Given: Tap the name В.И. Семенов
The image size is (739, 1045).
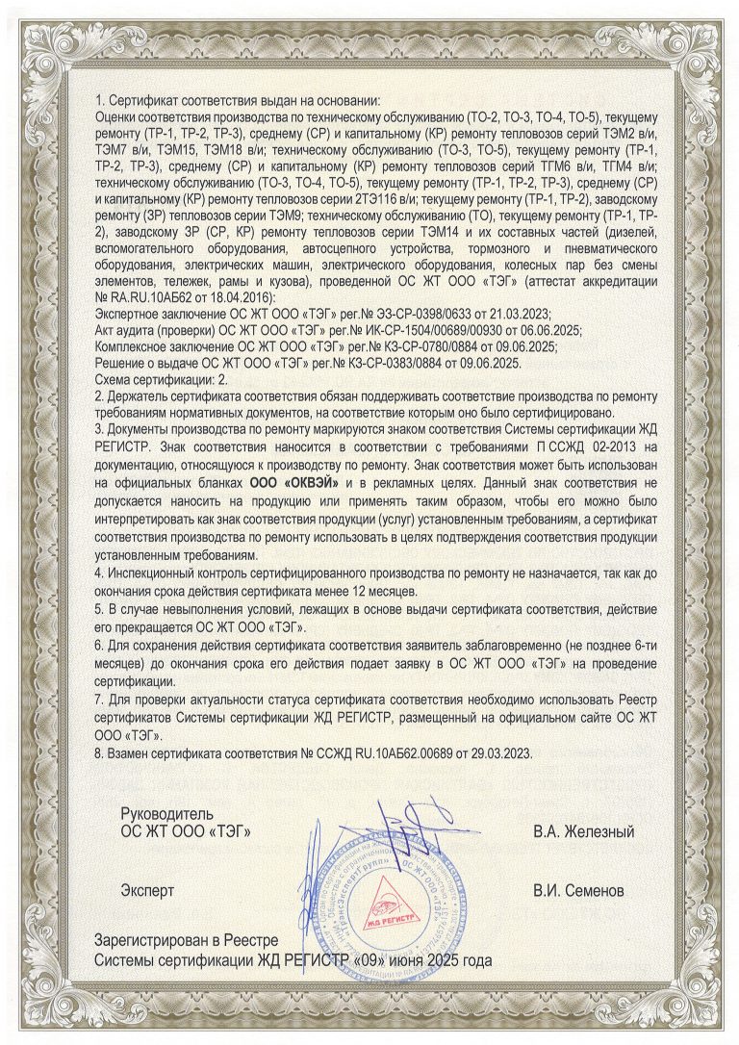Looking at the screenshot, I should (x=584, y=890).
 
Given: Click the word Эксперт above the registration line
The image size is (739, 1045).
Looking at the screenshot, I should (x=147, y=890).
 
